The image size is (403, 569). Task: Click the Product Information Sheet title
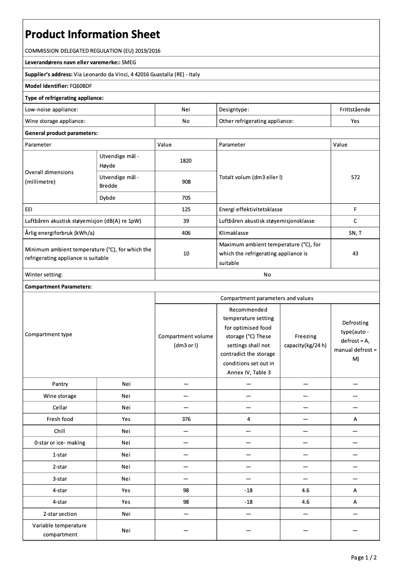92,34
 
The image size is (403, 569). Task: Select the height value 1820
186,161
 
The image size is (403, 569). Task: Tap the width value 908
186,182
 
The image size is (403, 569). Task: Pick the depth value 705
186,198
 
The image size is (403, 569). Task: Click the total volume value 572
355,177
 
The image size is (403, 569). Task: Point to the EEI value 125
186,209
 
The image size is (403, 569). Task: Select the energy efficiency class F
355,209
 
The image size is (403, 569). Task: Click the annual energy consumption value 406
186,233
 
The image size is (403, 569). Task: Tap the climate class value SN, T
355,233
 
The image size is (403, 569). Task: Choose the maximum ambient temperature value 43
355,253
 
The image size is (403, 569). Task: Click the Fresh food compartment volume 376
186,419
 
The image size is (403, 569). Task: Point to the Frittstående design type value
355,109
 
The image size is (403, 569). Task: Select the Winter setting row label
44,274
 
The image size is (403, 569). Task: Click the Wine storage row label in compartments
60,396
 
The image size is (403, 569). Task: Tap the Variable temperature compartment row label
60,530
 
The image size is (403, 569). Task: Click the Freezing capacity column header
306,341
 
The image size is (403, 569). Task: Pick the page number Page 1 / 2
363,557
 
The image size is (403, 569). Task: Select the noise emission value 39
186,221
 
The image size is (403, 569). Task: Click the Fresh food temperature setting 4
248,419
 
